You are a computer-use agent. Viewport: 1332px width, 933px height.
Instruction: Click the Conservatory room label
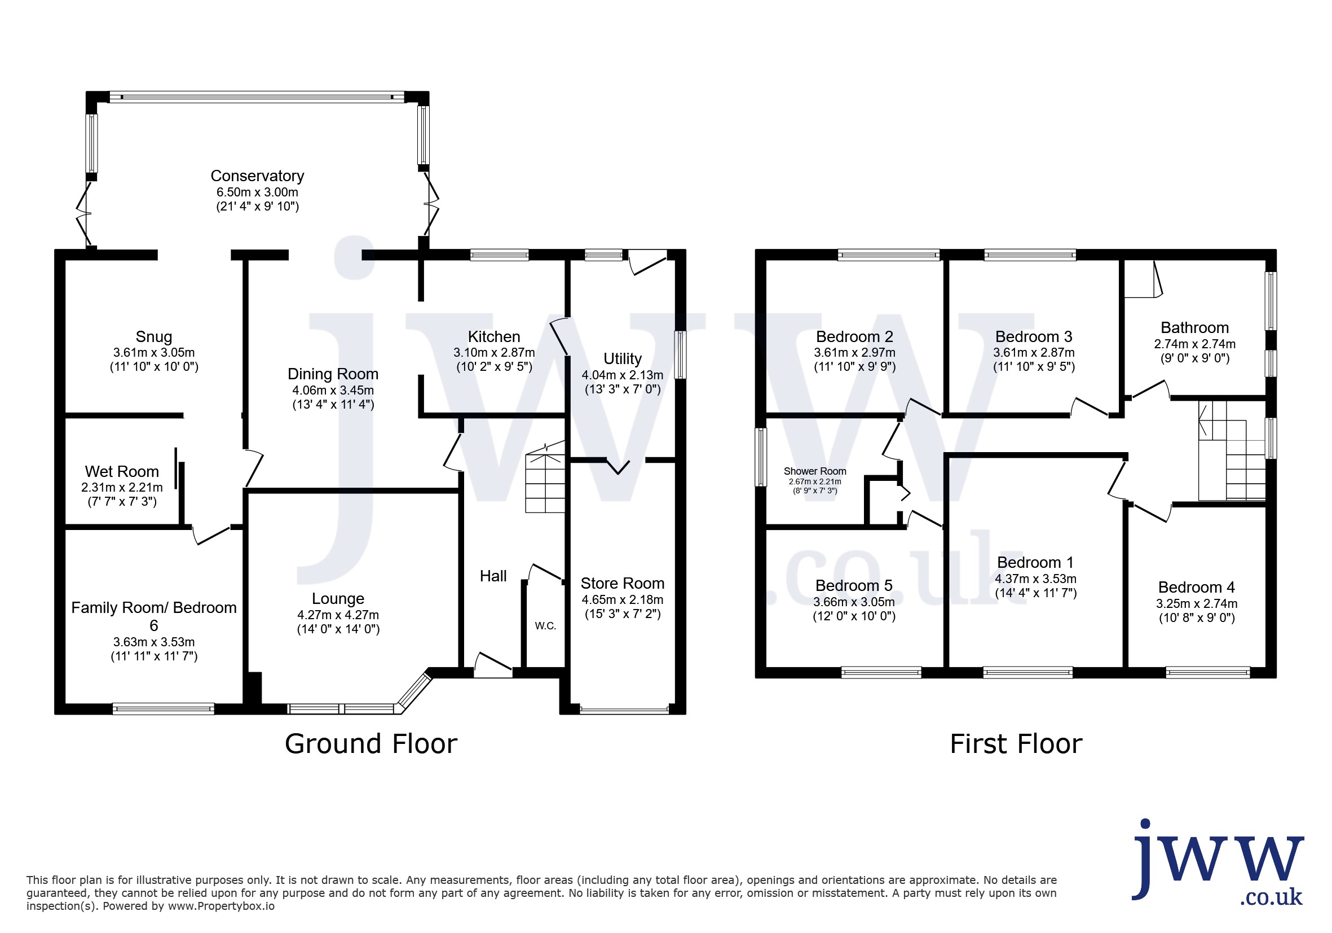pos(257,176)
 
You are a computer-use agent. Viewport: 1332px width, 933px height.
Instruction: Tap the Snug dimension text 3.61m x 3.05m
pos(154,352)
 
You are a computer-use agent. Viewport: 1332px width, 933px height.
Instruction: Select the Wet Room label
pos(122,471)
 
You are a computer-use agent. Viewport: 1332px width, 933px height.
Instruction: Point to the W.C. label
pos(545,626)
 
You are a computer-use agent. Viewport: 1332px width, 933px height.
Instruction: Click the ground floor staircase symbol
pos(545,477)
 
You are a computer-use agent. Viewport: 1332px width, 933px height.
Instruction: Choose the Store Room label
pos(623,583)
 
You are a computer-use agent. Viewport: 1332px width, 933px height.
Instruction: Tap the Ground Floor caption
pos(371,744)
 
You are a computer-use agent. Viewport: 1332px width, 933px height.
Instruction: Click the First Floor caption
pos(1016,744)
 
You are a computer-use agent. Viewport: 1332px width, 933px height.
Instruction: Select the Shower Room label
pos(814,471)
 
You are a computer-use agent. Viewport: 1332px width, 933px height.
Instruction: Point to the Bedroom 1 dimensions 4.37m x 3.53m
pos(1035,579)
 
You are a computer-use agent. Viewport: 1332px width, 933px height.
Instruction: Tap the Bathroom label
pos(1194,327)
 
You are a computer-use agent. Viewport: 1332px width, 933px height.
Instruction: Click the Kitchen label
pos(493,337)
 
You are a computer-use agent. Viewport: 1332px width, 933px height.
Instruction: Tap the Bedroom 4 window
pos(1208,672)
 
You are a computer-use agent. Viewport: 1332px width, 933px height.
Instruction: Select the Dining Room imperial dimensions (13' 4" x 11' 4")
pos(333,405)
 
